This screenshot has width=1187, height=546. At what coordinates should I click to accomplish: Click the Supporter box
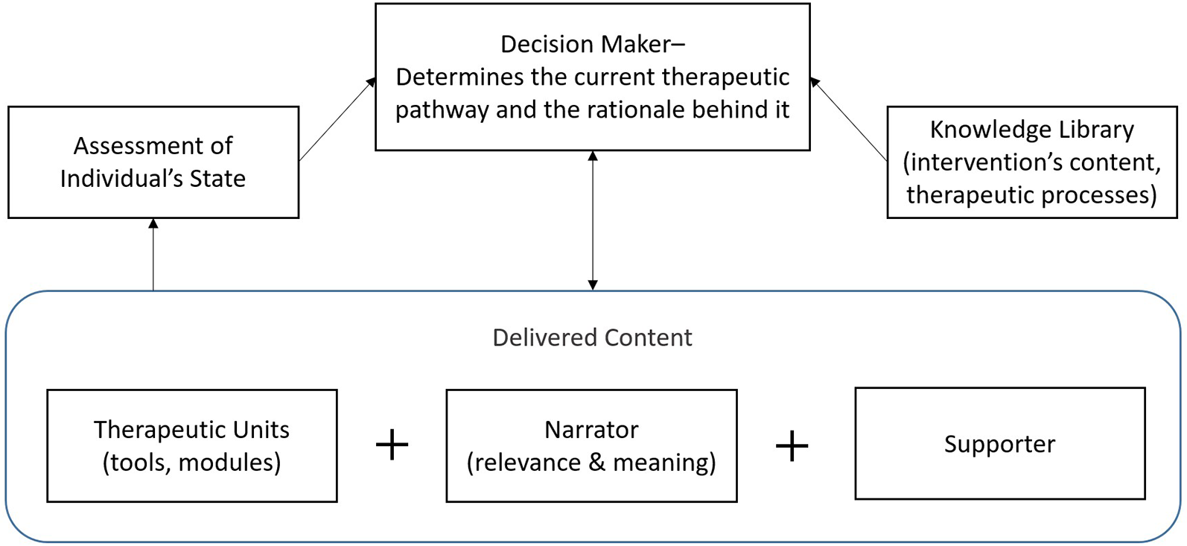[999, 444]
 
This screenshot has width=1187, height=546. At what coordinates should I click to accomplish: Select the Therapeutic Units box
[191, 445]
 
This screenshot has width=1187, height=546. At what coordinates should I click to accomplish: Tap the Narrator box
[591, 445]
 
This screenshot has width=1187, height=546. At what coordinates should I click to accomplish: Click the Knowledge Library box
[1031, 162]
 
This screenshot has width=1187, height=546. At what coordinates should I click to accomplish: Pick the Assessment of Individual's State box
[153, 162]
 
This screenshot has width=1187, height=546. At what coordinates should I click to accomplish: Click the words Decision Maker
[585, 44]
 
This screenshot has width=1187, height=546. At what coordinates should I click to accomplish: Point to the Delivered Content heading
[592, 337]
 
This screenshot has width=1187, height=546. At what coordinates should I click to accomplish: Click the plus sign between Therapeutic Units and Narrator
[392, 445]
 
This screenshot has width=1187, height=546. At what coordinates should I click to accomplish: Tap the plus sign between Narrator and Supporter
[792, 446]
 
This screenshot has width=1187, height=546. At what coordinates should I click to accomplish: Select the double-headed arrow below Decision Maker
[593, 220]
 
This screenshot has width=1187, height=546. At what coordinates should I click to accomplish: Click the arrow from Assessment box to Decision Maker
[337, 119]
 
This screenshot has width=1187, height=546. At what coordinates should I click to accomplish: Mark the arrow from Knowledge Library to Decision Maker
[849, 119]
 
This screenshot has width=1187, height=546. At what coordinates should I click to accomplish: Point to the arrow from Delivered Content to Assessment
[153, 254]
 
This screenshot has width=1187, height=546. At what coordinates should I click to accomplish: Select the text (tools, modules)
[191, 463]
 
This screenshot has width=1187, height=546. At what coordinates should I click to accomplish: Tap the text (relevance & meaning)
[591, 463]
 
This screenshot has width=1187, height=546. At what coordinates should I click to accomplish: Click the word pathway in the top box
[442, 109]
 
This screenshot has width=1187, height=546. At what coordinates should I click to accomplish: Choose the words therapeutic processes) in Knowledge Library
[1031, 194]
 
